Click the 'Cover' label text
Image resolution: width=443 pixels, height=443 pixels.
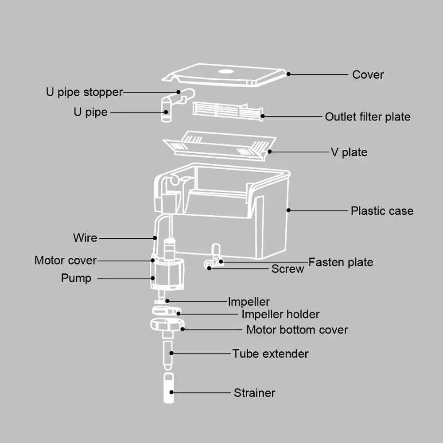[368, 75]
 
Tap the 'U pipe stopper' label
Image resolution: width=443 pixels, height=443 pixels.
[84, 92]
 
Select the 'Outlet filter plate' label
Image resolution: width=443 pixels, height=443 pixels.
[368, 117]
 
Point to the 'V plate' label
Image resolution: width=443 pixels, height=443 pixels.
[349, 152]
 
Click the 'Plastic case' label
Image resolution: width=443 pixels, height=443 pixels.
[382, 211]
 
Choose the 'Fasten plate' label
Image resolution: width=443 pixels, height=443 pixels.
[341, 262]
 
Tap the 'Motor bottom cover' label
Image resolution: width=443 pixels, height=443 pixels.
[297, 330]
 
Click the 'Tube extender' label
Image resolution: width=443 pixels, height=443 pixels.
[270, 354]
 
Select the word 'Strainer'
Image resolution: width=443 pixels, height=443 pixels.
[254, 393]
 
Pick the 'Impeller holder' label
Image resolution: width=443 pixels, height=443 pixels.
[280, 315]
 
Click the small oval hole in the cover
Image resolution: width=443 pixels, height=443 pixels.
[225, 70]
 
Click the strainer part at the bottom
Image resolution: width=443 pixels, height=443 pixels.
[168, 388]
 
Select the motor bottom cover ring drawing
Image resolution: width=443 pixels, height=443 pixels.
[166, 325]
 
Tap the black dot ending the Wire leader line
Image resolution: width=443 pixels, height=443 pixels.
[155, 238]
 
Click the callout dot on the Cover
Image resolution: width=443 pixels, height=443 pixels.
[288, 74]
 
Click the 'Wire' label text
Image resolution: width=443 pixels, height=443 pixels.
[85, 238]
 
